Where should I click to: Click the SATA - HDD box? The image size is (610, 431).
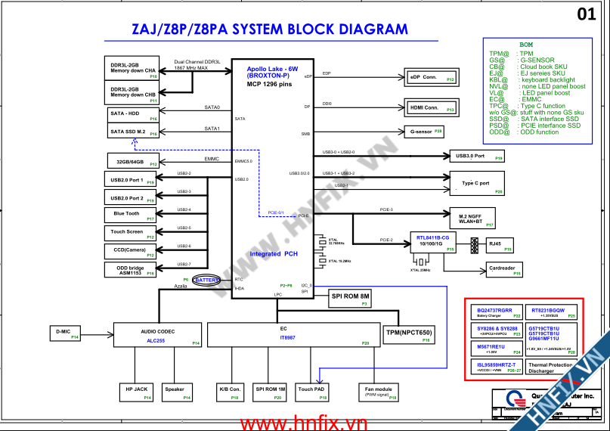[x=134, y=116]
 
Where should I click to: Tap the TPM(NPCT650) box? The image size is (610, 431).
[x=409, y=333]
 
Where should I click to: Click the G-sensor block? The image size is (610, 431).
[x=426, y=132]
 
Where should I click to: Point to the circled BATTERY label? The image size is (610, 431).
[x=206, y=281]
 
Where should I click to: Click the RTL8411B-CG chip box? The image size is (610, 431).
[x=434, y=243]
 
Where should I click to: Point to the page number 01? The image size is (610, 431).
[x=586, y=14]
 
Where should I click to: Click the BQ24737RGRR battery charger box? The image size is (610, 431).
[x=496, y=312]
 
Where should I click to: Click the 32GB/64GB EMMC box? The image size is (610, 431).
[x=133, y=162]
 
